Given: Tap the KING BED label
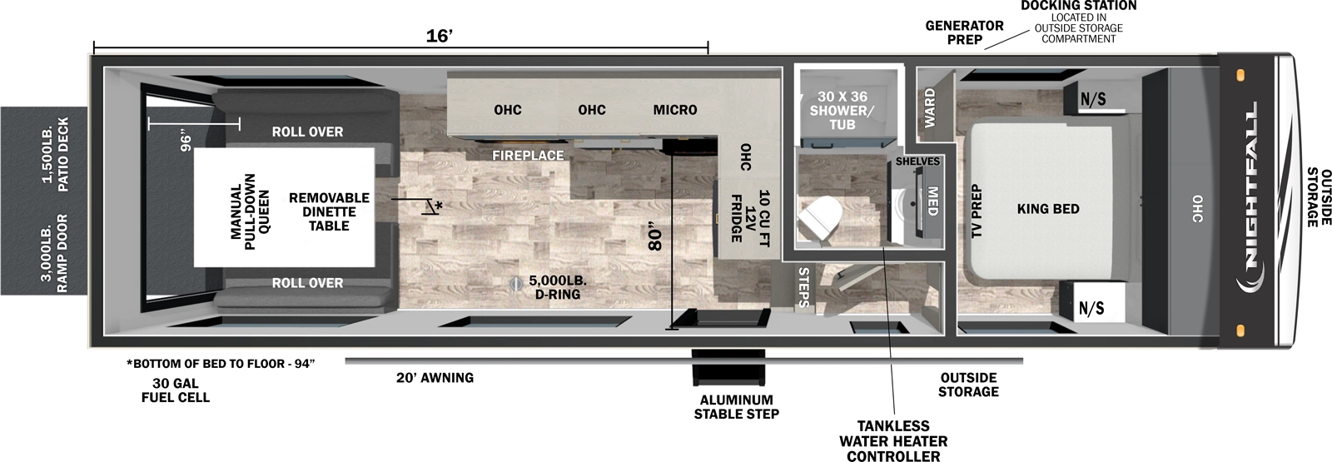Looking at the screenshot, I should pos(1047,209).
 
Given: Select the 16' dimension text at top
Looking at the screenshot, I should pos(439,36).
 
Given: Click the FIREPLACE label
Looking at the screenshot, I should pos(527,155).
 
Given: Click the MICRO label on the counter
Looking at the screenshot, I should pos(674,110).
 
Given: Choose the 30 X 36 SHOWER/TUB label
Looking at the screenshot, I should pos(842,110).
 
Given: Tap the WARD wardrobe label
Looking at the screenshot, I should pos(930,107).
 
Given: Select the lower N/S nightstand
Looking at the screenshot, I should pos(1091,308).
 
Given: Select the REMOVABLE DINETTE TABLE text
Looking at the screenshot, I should pos(329,211).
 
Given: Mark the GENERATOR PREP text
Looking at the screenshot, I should pos(964,32).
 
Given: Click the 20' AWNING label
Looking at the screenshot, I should pos(435,378).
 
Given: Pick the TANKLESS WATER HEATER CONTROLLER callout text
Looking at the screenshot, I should pos(893,441).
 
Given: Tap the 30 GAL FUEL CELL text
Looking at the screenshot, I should pos(175,390).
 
